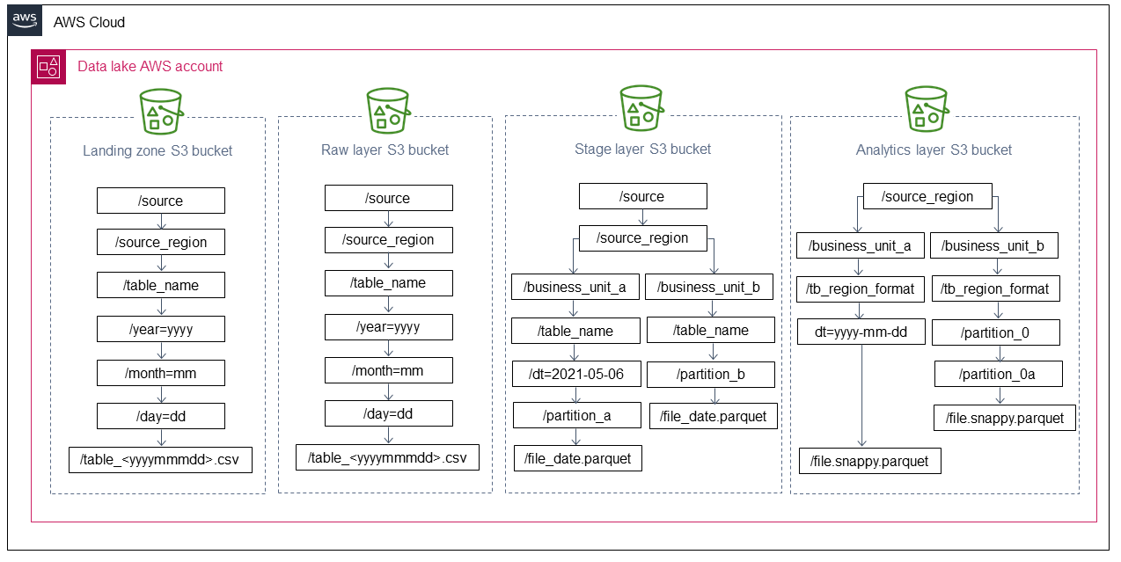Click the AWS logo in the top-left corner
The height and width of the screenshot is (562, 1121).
pyautogui.click(x=25, y=21)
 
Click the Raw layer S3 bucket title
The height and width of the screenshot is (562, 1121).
pyautogui.click(x=385, y=150)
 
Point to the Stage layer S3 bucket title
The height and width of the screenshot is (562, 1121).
pyautogui.click(x=642, y=149)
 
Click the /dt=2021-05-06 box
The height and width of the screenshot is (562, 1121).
pyautogui.click(x=576, y=374)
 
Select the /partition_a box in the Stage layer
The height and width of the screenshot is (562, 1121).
pyautogui.click(x=576, y=416)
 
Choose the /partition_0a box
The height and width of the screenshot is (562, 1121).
pyautogui.click(x=998, y=375)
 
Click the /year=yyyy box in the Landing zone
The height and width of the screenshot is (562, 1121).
pyautogui.click(x=161, y=330)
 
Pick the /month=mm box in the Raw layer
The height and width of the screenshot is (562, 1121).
pyautogui.click(x=388, y=370)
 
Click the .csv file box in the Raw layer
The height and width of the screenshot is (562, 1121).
pyautogui.click(x=387, y=457)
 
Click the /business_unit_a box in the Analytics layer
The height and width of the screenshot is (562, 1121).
pyautogui.click(x=860, y=245)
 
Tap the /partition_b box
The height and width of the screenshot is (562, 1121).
pyautogui.click(x=710, y=374)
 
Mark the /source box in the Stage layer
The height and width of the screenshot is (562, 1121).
pyautogui.click(x=642, y=196)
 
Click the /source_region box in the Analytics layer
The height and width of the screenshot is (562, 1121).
pyautogui.click(x=927, y=196)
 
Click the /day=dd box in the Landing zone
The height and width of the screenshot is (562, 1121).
pyautogui.click(x=161, y=416)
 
